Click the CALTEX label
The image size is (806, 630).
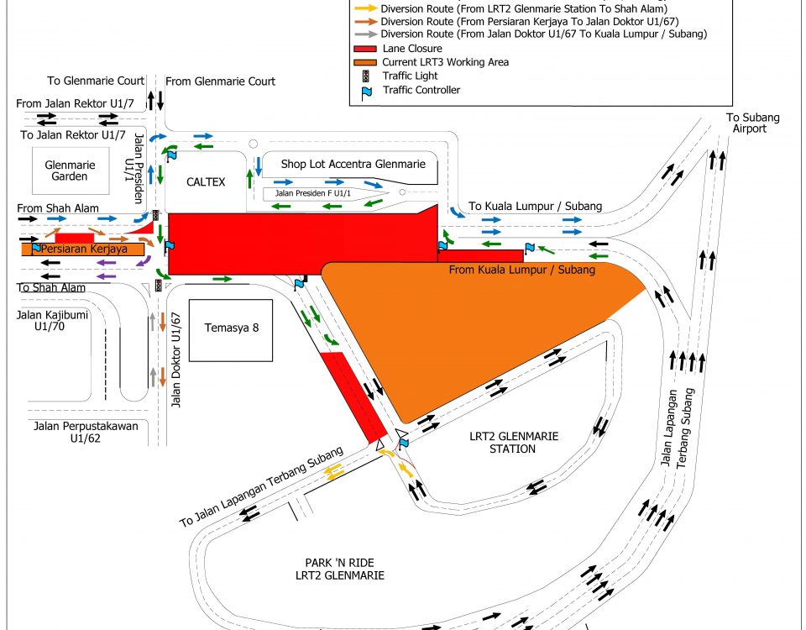pyautogui.click(x=206, y=181)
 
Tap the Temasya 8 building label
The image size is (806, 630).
pyautogui.click(x=231, y=328)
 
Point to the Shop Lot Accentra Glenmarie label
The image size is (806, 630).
pyautogui.click(x=353, y=165)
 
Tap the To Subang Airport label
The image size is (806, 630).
pyautogui.click(x=748, y=123)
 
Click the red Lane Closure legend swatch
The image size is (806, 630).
pyautogui.click(x=365, y=49)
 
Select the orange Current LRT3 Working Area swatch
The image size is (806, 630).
pyautogui.click(x=365, y=62)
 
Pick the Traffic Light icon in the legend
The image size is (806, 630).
pyautogui.click(x=365, y=76)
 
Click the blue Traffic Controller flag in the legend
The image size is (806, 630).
pyautogui.click(x=366, y=91)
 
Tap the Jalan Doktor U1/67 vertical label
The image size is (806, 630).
pyautogui.click(x=176, y=360)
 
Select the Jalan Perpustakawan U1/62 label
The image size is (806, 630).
pyautogui.click(x=86, y=432)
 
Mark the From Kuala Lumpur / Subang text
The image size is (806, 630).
pyautogui.click(x=521, y=270)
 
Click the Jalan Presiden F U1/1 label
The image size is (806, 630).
pyautogui.click(x=313, y=193)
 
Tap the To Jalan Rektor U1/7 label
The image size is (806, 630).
pyautogui.click(x=73, y=134)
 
